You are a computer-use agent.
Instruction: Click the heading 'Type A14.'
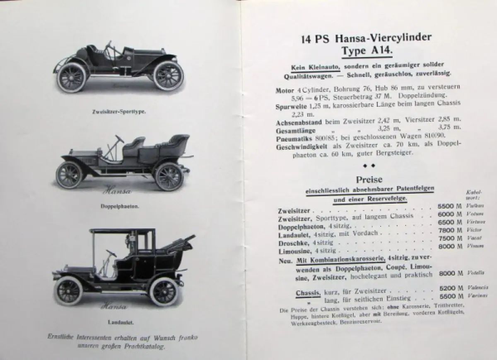pyautogui.click(x=367, y=51)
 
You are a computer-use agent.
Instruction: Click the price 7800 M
pyautogui.click(x=450, y=230)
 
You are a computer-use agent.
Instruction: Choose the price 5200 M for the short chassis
pyautogui.click(x=450, y=288)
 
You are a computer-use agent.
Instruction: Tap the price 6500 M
pyautogui.click(x=450, y=222)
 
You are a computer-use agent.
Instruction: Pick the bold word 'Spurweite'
pyautogui.click(x=290, y=106)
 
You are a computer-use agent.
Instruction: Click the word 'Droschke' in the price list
pyautogui.click(x=293, y=242)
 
